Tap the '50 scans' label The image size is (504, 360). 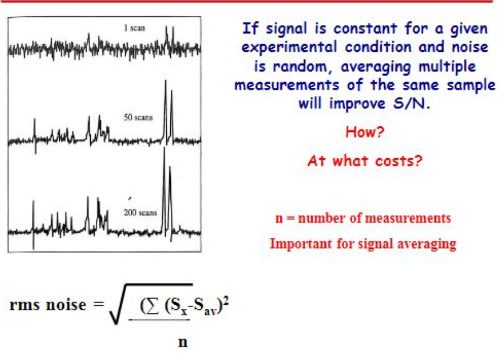tap(138, 117)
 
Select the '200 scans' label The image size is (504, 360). tap(140, 212)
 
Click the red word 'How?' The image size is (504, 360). tap(365, 132)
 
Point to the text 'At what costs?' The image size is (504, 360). tap(364, 161)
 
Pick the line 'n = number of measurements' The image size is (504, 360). tap(363, 219)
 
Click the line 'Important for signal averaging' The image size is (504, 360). tap(363, 244)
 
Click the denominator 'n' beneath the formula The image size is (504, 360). tap(183, 342)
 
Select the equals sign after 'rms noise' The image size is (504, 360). tap(96, 305)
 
